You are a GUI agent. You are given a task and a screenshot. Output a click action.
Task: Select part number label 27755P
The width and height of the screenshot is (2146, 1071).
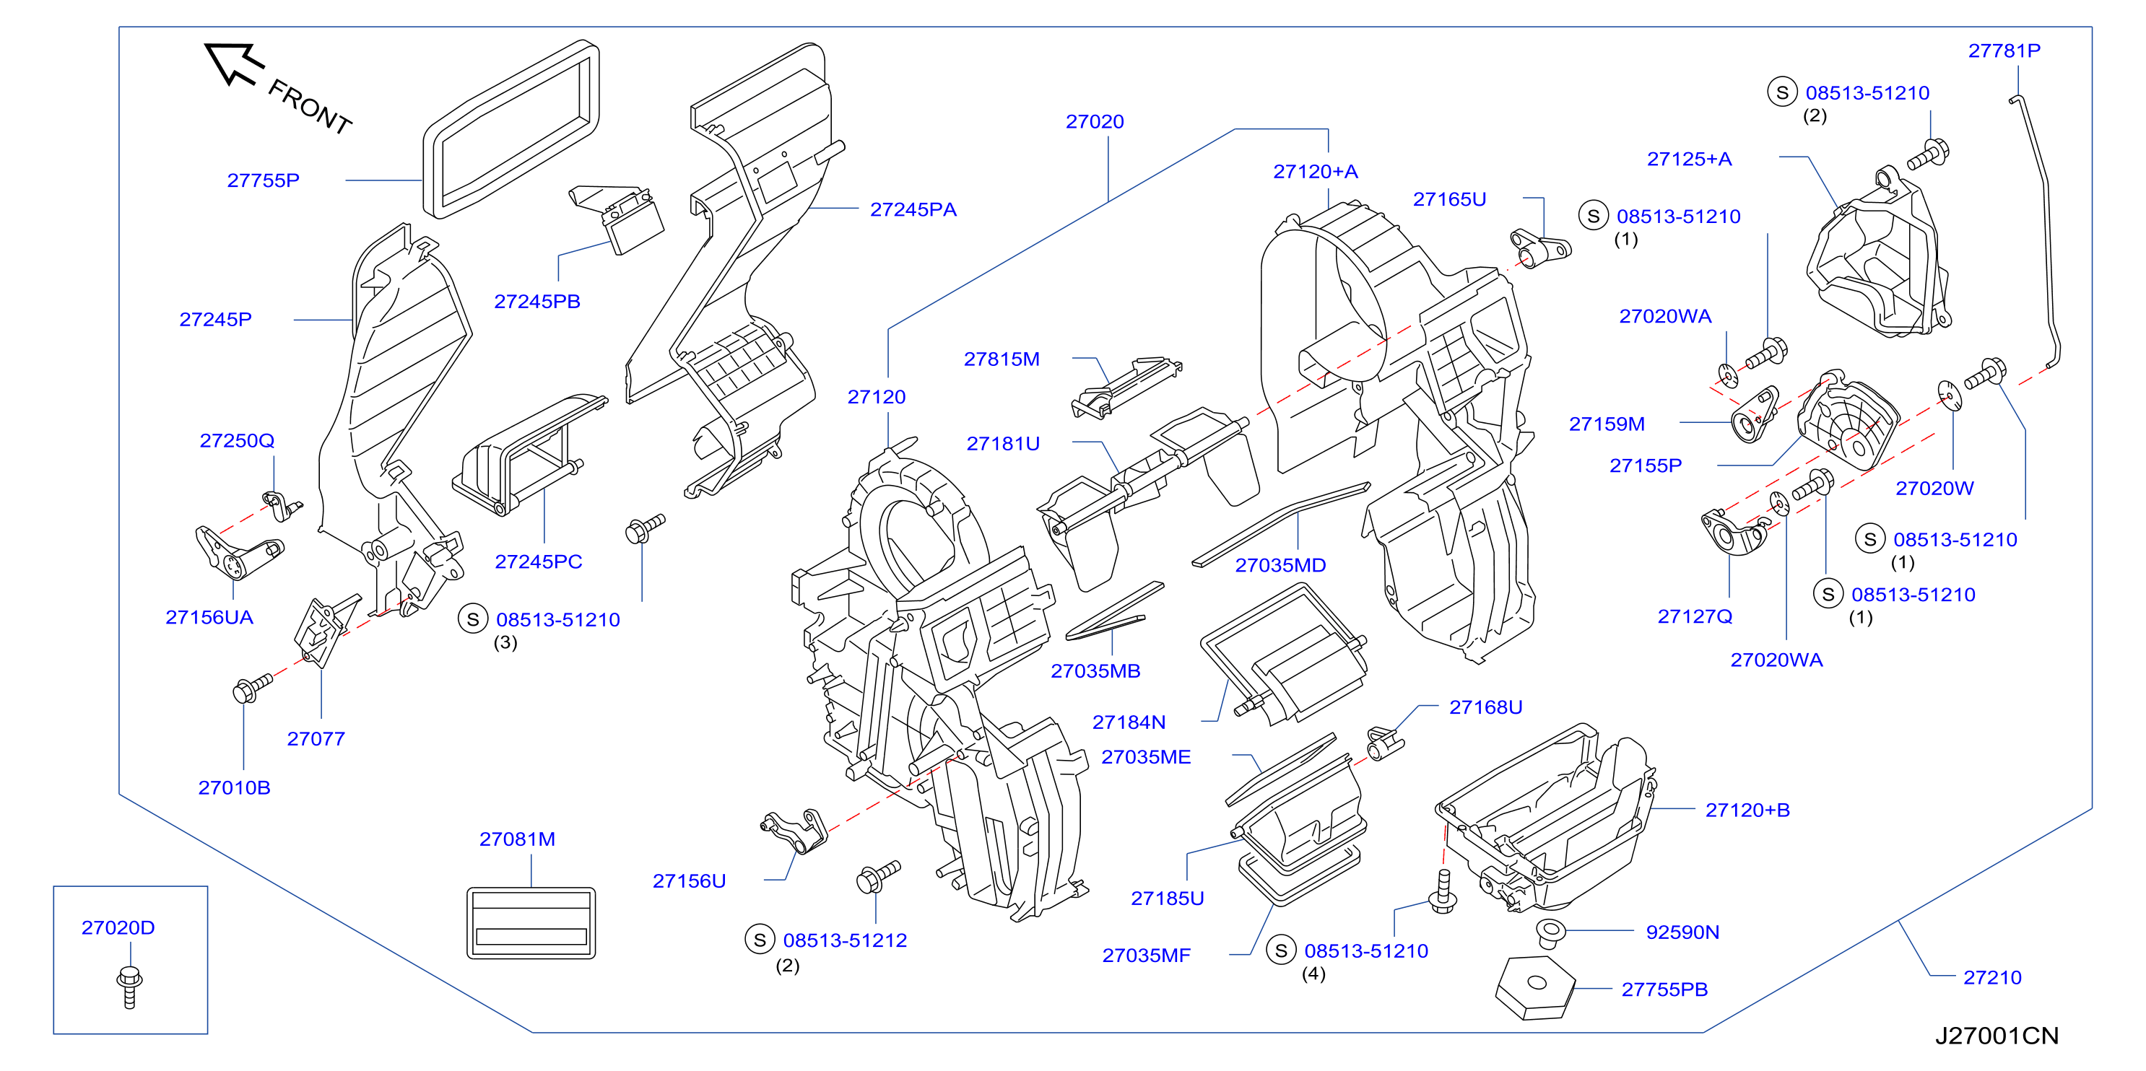(x=264, y=180)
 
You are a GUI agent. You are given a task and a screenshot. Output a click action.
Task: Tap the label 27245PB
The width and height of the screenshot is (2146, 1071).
(x=537, y=302)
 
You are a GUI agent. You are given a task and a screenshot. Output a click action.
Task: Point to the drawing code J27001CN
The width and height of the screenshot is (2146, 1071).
(x=1996, y=1036)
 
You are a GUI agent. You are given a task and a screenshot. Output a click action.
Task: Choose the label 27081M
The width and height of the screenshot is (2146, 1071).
(x=517, y=839)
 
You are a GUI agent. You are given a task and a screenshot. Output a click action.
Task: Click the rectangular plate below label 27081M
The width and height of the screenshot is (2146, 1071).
(x=531, y=924)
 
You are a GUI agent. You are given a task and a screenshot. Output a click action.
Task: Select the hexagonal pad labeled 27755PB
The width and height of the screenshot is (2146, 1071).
(x=1534, y=988)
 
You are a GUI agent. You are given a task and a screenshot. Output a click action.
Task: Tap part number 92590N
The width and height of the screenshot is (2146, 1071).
(x=1682, y=932)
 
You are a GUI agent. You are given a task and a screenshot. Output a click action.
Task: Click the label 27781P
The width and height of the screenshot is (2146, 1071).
(x=2004, y=51)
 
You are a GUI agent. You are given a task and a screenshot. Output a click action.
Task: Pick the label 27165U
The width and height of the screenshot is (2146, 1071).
(x=1449, y=200)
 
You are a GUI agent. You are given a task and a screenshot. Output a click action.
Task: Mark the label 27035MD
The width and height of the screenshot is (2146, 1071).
(x=1280, y=566)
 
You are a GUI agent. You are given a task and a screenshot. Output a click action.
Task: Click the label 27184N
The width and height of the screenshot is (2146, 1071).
(x=1129, y=723)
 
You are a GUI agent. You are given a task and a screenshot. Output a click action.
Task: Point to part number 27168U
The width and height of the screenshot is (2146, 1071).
(x=1485, y=708)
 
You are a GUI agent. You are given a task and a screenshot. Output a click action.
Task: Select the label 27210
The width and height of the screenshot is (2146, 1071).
(x=1992, y=978)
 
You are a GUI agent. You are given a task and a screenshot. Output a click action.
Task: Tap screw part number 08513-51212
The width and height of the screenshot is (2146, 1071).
(x=845, y=941)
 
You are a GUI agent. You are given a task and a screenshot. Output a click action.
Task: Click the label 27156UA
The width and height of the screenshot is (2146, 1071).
(x=209, y=617)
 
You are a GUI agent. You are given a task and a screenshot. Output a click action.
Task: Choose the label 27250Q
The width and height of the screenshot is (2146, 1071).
(x=237, y=440)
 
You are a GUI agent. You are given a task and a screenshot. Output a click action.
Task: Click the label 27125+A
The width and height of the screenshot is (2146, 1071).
(x=1690, y=159)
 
